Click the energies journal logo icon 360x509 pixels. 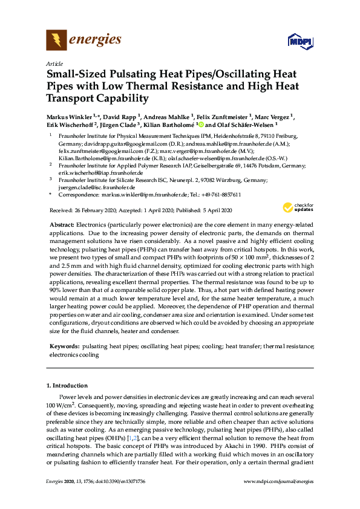[56, 41]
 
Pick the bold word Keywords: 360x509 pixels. [65, 346]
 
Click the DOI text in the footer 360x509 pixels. [125, 481]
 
